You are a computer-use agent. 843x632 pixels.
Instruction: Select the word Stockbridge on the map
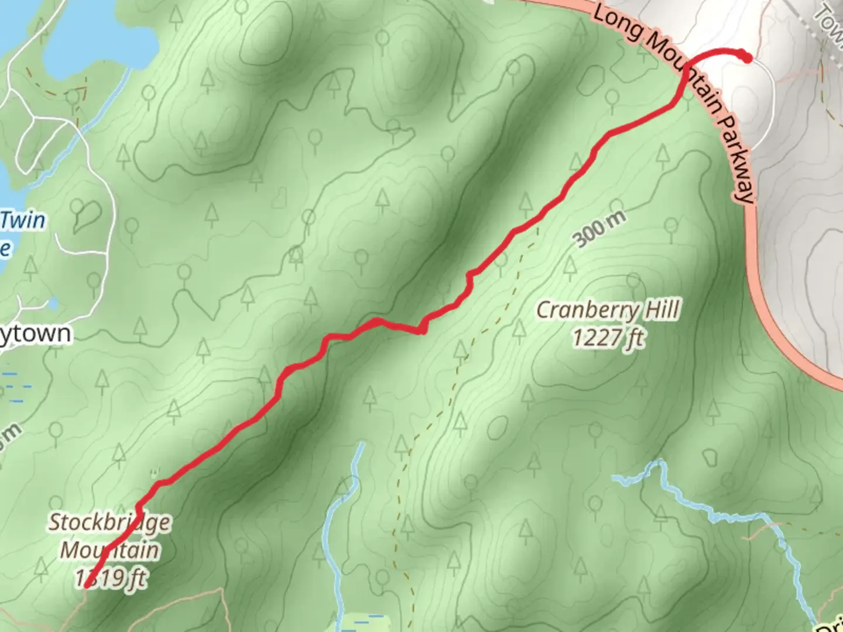[109, 523]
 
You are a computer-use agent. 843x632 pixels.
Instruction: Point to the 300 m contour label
[599, 229]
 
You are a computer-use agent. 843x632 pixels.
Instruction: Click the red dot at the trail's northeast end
[746, 57]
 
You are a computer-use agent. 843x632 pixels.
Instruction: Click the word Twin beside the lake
[23, 221]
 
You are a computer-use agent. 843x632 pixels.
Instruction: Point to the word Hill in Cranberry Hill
[662, 310]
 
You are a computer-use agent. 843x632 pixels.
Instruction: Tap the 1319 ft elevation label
[111, 578]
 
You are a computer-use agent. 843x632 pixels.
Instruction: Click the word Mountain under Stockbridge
[109, 551]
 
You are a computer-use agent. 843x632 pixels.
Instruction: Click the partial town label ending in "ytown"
[35, 334]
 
